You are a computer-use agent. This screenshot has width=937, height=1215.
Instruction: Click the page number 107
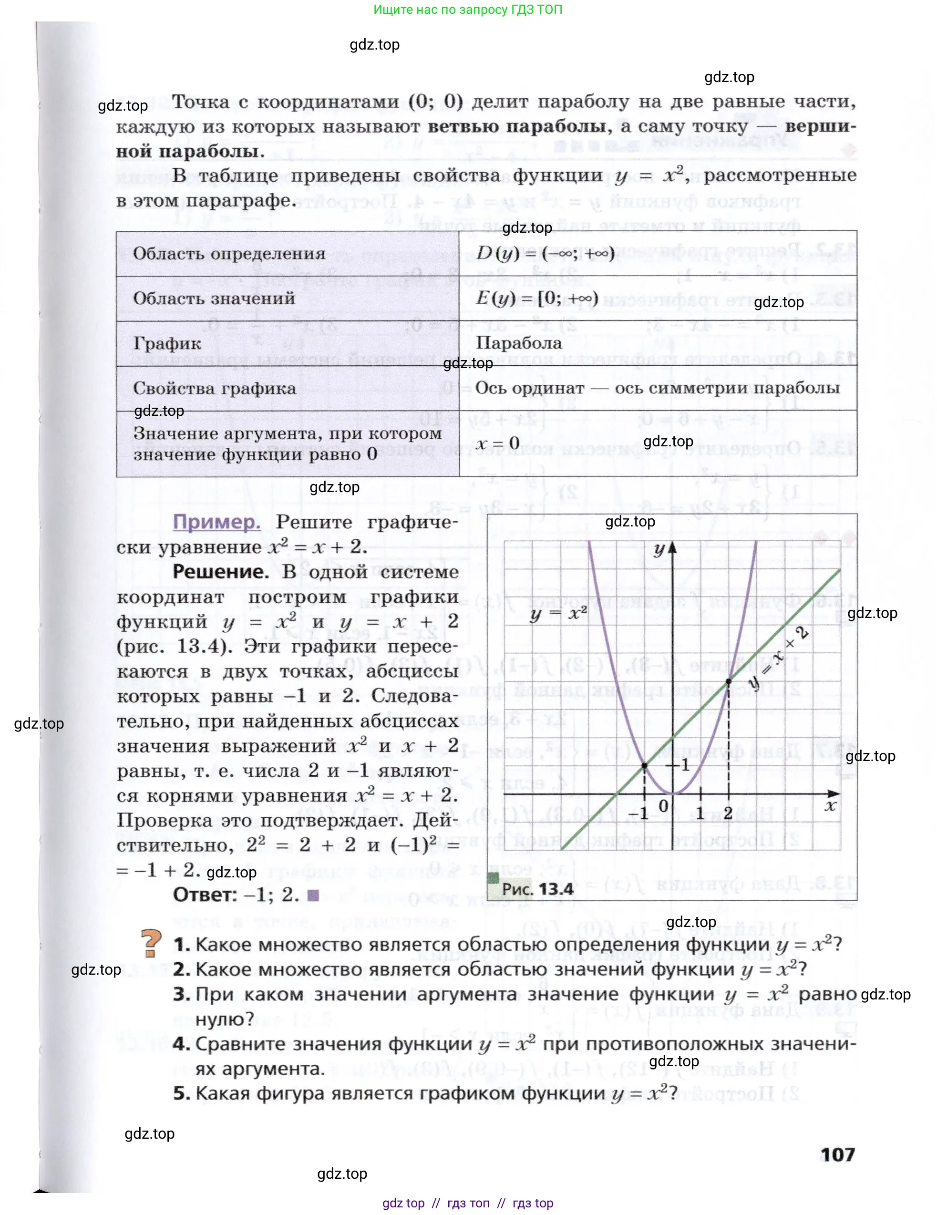coord(837,1155)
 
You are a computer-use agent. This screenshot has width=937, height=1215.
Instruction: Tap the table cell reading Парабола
coord(519,343)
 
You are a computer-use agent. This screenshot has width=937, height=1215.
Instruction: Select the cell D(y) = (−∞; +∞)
coord(546,254)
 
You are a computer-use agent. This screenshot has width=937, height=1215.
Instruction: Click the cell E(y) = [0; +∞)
coord(537,298)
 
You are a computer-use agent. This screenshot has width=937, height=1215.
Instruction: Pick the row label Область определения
coord(229,254)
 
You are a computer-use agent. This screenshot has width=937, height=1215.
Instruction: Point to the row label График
coord(167,343)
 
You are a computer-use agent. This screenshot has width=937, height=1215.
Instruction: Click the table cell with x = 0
coord(497,443)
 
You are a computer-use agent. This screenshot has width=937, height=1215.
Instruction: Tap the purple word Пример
coord(216,523)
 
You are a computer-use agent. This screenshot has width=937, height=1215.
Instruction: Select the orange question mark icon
coord(151,944)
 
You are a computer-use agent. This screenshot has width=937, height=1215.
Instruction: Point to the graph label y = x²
coord(558,614)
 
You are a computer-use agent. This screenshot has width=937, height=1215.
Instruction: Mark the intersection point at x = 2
coord(729,680)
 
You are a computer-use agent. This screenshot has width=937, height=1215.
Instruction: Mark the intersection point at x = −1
coord(644,765)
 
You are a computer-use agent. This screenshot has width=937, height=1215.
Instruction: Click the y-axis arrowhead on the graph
coord(673,548)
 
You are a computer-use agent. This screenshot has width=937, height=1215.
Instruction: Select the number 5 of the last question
coord(181,1093)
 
